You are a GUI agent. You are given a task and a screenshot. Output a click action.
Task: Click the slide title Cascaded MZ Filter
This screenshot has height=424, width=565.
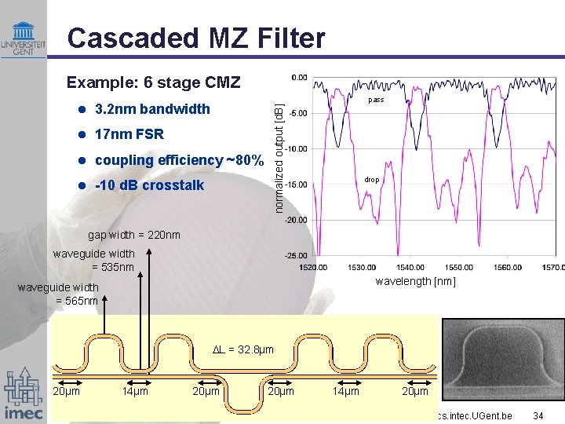click(x=195, y=37)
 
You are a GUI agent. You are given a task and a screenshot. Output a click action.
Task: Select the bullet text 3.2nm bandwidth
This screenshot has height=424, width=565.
click(x=151, y=108)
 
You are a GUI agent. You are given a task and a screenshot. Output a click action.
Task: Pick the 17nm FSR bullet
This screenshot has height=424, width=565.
click(x=129, y=134)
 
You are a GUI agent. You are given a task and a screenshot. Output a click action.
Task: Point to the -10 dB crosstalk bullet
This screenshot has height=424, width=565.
click(x=148, y=185)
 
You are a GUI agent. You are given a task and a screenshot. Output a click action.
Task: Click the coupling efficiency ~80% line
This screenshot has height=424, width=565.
click(x=178, y=160)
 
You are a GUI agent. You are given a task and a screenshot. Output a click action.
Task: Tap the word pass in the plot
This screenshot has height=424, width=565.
click(x=376, y=101)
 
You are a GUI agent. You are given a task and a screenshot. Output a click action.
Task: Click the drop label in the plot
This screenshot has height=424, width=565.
click(x=372, y=180)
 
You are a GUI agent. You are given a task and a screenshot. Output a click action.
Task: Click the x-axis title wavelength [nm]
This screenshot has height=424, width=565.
click(x=415, y=282)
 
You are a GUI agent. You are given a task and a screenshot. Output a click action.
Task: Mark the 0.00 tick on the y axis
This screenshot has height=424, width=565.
click(x=299, y=77)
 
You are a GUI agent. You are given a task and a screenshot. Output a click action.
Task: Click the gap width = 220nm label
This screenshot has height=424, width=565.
click(x=133, y=235)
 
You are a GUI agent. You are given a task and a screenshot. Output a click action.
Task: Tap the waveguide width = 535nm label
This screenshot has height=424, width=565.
click(x=93, y=260)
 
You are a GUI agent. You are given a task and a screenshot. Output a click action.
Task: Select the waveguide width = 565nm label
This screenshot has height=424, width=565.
click(x=58, y=294)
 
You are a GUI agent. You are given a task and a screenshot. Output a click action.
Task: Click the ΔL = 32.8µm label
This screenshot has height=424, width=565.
click(x=243, y=349)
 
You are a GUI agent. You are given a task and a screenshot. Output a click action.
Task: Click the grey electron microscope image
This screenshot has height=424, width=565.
click(x=502, y=360)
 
